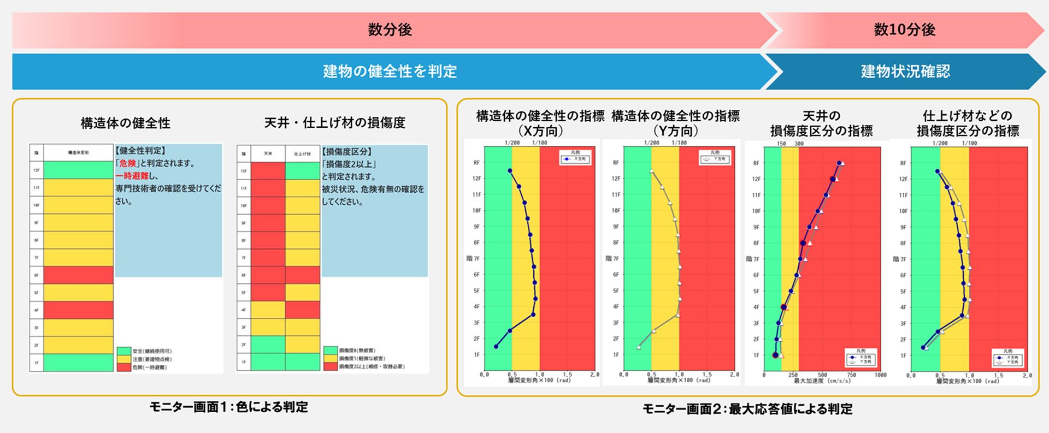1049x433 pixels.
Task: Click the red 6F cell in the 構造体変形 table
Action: pos(78,275)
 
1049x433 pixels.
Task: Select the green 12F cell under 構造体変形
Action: pos(78,170)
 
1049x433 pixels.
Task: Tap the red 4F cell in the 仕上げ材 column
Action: pos(302,310)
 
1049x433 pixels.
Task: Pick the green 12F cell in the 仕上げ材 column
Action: pos(302,171)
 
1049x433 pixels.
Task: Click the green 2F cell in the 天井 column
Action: pos(268,345)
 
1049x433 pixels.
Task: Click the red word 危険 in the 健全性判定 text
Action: pos(127,163)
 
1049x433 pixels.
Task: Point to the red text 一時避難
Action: pos(131,176)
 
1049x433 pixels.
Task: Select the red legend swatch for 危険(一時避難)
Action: pos(124,367)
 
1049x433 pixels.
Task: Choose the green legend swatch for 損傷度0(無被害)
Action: pos(331,351)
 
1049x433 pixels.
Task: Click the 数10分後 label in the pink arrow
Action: pos(904,30)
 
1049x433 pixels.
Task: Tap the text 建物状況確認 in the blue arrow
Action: pos(905,72)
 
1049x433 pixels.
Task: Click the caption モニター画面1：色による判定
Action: pos(228,407)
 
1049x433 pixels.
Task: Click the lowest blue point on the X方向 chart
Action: pos(496,347)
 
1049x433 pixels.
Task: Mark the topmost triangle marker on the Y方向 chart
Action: pos(652,171)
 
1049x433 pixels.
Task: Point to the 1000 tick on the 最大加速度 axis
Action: pos(880,375)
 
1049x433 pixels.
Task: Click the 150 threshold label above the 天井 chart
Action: pos(781,144)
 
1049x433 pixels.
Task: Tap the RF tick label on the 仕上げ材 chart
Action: pos(903,163)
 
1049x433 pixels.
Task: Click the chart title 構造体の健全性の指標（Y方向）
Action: pos(675,123)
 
